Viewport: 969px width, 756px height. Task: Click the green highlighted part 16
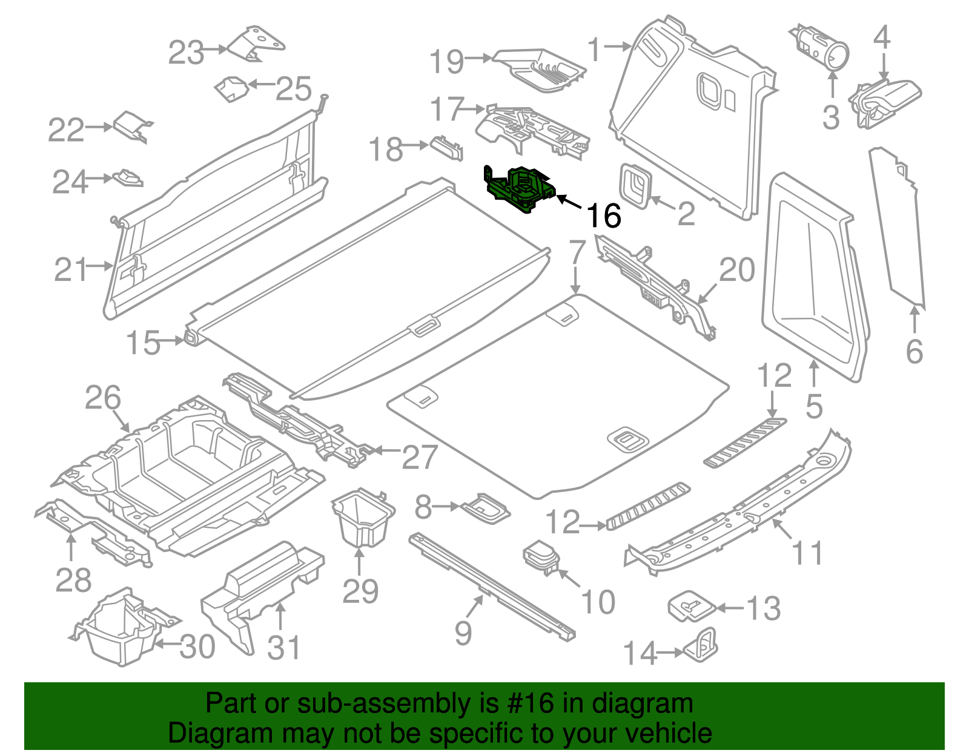[520, 189]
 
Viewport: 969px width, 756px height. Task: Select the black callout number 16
[604, 216]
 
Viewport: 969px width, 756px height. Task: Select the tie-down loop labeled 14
[702, 645]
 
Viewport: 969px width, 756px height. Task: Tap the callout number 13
[764, 608]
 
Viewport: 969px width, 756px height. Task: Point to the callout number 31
[283, 648]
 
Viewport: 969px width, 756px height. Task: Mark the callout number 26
[103, 398]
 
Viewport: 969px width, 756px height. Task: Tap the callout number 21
[71, 269]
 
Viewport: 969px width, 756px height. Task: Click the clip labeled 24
[128, 178]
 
